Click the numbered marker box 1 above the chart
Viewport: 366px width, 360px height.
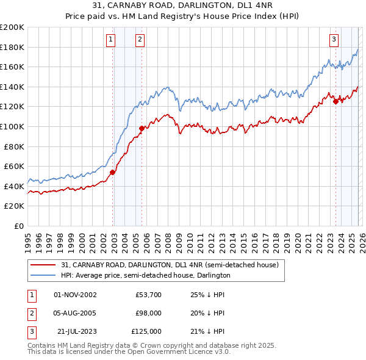(110, 40)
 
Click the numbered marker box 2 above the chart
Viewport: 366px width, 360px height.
(140, 40)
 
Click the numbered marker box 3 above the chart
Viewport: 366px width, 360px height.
(334, 40)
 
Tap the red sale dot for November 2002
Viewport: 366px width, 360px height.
(112, 173)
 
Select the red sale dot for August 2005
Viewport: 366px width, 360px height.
(142, 128)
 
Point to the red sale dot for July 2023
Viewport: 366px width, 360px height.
(335, 101)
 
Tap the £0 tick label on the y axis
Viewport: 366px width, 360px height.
(18, 226)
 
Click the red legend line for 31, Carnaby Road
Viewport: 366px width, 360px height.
(44, 265)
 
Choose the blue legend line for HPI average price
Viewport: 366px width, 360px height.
(44, 275)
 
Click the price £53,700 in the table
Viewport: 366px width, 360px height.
(148, 295)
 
